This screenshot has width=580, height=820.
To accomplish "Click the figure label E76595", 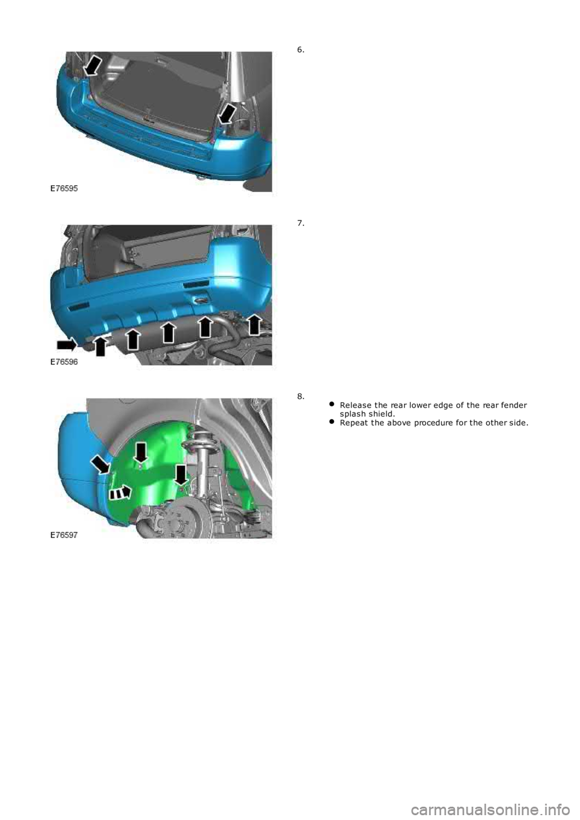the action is [64, 188].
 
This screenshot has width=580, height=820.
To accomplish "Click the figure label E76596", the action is [64, 362].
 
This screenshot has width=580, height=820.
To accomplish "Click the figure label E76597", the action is [64, 535].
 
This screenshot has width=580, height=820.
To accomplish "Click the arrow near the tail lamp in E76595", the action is [227, 114].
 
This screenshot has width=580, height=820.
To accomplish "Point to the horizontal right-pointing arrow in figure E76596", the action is [66, 344].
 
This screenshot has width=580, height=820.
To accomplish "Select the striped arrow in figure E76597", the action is [120, 492].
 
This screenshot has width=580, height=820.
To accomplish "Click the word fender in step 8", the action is [517, 405].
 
